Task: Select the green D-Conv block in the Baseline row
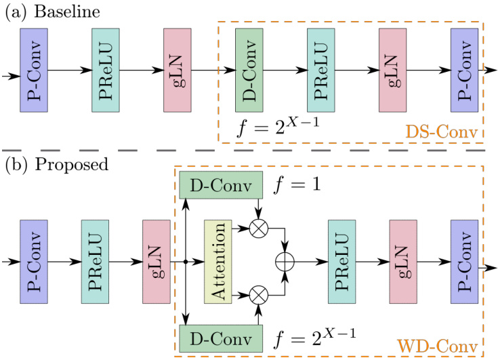(x=249, y=71)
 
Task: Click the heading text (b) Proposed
(x=46, y=165)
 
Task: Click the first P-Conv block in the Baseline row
(x=34, y=71)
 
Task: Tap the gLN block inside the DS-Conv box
(x=392, y=71)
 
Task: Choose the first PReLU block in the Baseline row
(x=105, y=71)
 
